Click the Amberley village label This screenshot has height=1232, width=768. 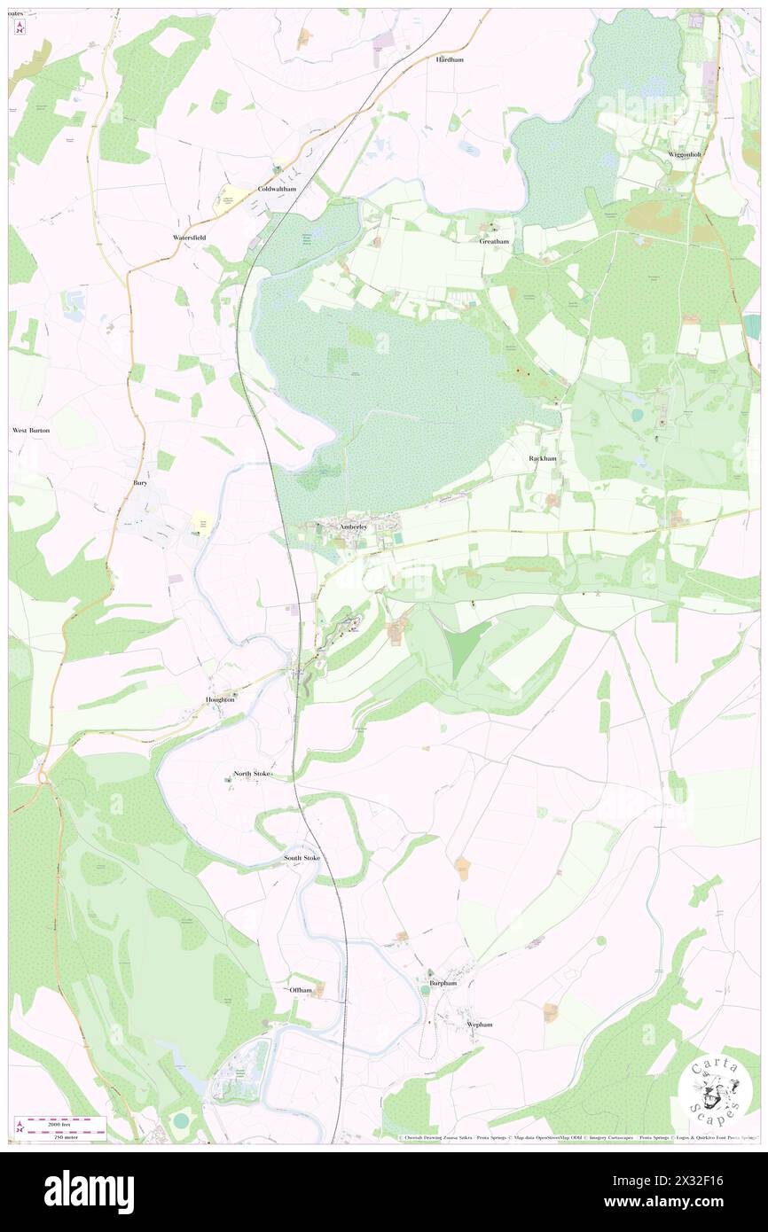coord(357,527)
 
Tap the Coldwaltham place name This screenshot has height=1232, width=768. coord(276,190)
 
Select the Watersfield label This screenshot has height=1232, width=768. coord(190,238)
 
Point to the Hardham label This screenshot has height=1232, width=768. coord(450,59)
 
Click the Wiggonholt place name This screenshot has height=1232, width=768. coord(685,154)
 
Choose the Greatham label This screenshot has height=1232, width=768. coord(494,241)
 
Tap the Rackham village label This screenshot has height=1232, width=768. coord(543,458)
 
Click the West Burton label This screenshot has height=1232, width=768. coord(31,430)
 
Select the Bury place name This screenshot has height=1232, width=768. coord(140,483)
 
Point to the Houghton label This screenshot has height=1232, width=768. coord(220,699)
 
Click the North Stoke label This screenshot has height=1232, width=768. coord(252,774)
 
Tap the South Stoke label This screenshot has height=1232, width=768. coord(302,858)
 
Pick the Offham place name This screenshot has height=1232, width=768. coord(301,989)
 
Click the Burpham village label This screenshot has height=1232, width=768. coord(443,983)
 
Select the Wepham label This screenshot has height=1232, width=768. coord(479,1024)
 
